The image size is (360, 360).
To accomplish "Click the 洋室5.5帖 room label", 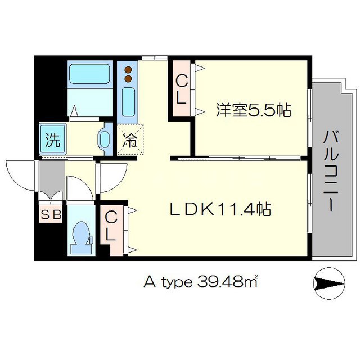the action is [254, 110].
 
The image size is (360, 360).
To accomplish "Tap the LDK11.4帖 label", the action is [220, 209].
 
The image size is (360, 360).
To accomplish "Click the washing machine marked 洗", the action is [53, 139].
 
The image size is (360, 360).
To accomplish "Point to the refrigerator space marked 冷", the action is [130, 140].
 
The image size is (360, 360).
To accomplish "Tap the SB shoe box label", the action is [51, 215].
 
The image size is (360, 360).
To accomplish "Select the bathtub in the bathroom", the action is [89, 74].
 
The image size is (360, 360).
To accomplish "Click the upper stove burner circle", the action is [128, 69].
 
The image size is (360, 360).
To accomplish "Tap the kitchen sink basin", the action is [128, 102].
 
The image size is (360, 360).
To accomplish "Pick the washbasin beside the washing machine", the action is [105, 139].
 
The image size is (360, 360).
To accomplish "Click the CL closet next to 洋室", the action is [181, 88].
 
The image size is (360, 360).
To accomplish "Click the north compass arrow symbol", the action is [329, 283].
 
